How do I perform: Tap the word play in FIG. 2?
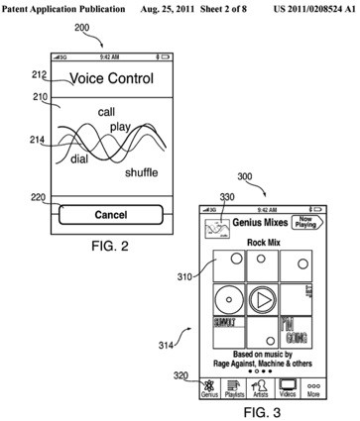pyautogui.click(x=121, y=128)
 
